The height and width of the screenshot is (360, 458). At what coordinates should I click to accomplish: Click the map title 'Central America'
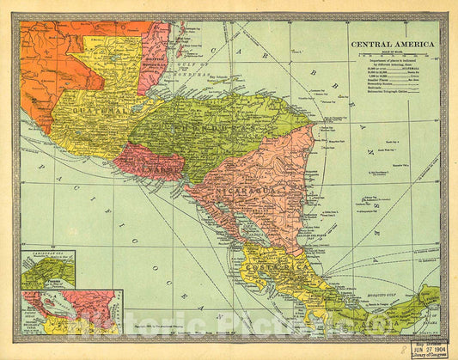click(x=391, y=45)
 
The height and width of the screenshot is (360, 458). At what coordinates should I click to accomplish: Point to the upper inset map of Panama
click(x=47, y=270)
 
